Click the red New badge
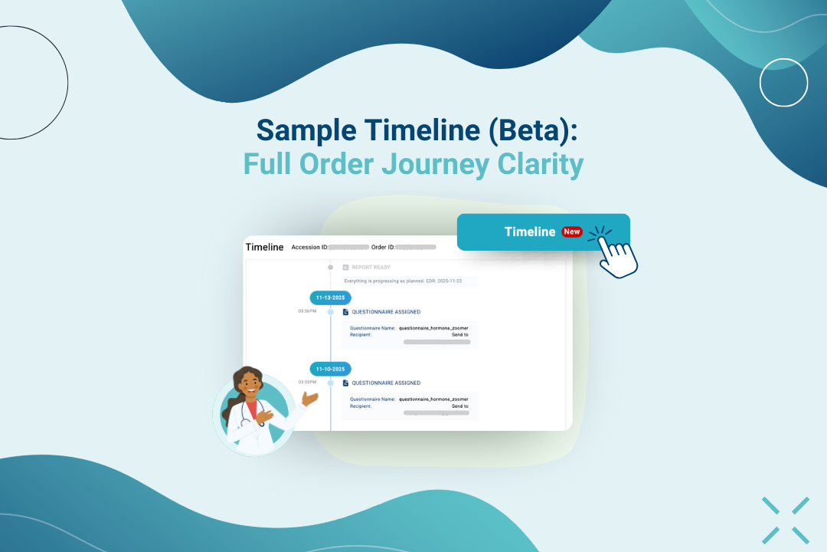point(572,232)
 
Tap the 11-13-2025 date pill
point(330,297)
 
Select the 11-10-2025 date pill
point(330,369)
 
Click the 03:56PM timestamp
point(307,311)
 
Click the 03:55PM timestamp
point(307,382)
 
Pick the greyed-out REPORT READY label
point(371,268)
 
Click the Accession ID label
point(309,248)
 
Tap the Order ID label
point(383,248)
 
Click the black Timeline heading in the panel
point(264,247)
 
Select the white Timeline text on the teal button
point(529,232)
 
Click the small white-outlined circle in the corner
point(783,82)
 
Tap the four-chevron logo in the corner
point(786,521)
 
